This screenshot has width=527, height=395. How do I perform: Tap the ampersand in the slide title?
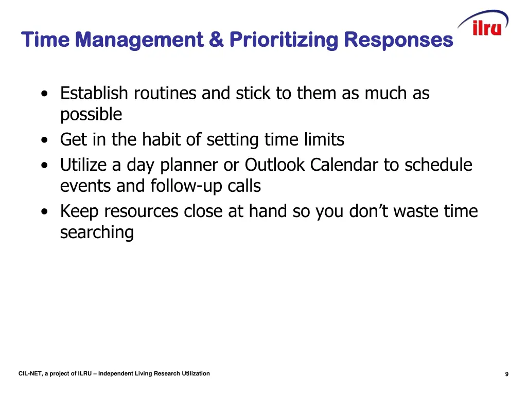[216, 39]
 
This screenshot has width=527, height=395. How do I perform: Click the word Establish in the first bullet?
[94, 94]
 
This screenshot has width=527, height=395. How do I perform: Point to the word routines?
[165, 94]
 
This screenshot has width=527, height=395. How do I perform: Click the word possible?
[91, 115]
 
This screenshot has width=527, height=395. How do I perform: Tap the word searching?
[97, 232]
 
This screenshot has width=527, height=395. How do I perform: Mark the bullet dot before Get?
[47, 140]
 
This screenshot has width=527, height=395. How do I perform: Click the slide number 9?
[506, 374]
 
